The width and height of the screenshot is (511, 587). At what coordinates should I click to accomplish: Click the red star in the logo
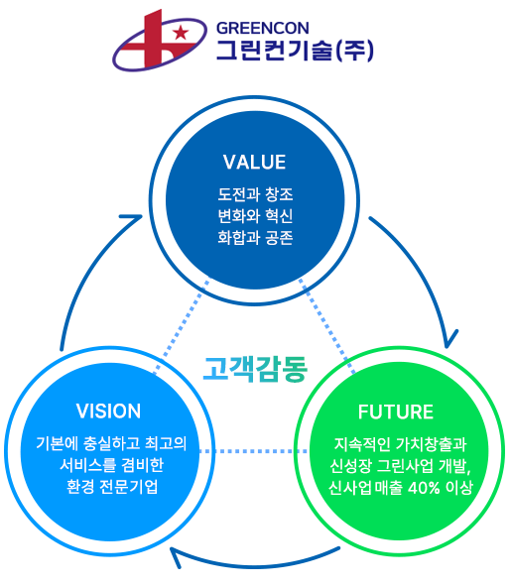(181, 32)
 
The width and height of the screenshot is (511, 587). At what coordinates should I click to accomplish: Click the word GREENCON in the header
(263, 28)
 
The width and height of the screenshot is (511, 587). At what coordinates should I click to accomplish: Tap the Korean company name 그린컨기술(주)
(296, 51)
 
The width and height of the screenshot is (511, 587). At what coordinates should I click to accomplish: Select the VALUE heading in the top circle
(254, 162)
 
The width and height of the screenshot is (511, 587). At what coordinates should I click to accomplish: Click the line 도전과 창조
(255, 194)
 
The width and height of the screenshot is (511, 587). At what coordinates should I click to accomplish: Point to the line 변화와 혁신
(255, 215)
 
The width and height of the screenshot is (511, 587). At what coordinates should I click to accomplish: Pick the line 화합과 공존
(255, 237)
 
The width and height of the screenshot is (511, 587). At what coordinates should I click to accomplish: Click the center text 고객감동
(255, 369)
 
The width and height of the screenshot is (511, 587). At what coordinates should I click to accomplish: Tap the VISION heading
(108, 411)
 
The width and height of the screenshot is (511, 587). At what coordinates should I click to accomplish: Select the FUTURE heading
(396, 411)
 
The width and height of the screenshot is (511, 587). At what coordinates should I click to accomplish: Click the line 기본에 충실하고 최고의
(111, 443)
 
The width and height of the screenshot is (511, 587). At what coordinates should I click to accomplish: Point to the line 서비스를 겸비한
(112, 465)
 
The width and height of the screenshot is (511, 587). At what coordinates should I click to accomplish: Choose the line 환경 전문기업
(112, 487)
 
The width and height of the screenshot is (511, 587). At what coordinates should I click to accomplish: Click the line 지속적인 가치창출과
(400, 444)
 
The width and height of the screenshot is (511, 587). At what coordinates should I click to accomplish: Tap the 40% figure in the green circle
(424, 488)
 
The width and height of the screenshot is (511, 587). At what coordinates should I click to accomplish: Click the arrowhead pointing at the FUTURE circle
(449, 340)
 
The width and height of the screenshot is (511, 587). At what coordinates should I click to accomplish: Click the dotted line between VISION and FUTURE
(254, 451)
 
